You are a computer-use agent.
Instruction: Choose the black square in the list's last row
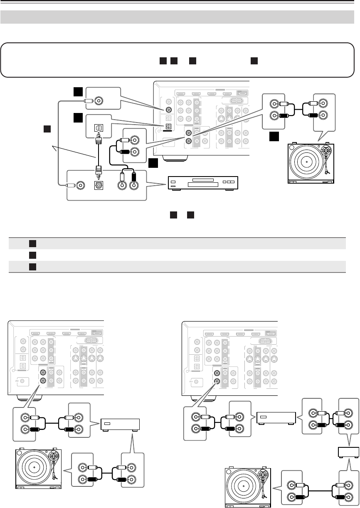pos(32,265)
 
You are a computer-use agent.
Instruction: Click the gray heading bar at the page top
pos(180,17)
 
